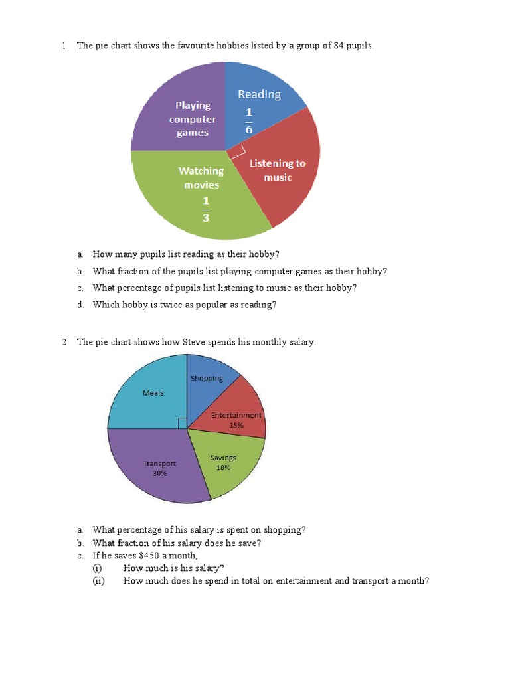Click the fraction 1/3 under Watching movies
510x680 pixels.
(x=205, y=209)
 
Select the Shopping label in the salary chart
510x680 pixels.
(x=207, y=379)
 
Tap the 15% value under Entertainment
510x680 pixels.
(x=236, y=425)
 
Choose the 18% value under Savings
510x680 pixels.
(x=223, y=467)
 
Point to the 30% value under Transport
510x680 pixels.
(x=159, y=473)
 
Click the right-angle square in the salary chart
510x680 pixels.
(x=183, y=423)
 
